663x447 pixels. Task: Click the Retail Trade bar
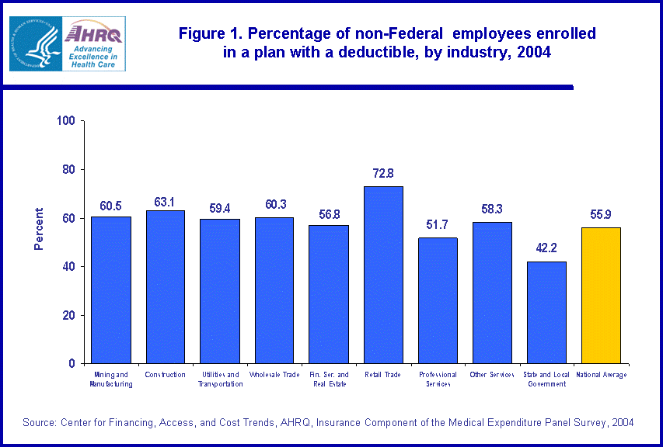[x=383, y=275]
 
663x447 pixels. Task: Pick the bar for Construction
[x=165, y=286]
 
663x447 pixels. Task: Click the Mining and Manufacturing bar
[x=110, y=289]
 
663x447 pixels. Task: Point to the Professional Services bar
[x=438, y=300]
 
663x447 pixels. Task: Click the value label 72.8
[x=383, y=173]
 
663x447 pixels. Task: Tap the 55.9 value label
[x=601, y=215]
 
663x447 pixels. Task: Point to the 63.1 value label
[x=165, y=202]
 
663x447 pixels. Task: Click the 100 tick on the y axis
[x=65, y=121]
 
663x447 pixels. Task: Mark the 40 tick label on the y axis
[x=68, y=267]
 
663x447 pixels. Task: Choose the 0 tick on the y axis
[x=72, y=364]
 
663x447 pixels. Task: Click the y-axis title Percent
[x=38, y=229]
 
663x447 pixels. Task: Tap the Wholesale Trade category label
[x=274, y=375]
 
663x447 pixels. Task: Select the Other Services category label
[x=492, y=375]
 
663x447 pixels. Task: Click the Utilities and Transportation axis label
[x=219, y=379]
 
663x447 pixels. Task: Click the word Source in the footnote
[x=39, y=422]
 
